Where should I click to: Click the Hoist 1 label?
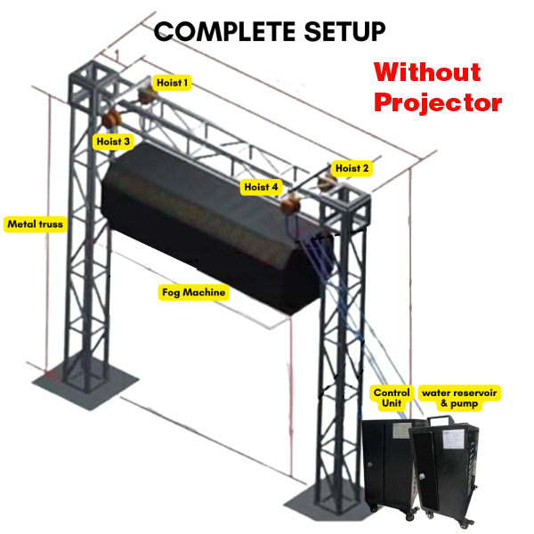[x=172, y=83]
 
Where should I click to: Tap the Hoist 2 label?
[x=352, y=168]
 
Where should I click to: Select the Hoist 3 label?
[x=113, y=142]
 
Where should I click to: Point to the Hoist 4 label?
[x=261, y=187]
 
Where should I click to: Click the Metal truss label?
[x=35, y=224]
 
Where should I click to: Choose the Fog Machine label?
[x=193, y=292]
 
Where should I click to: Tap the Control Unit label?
[x=392, y=398]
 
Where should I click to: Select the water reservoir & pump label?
[x=459, y=398]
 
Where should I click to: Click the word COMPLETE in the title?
[x=225, y=32]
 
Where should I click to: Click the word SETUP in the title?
[x=344, y=32]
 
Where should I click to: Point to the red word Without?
[x=427, y=72]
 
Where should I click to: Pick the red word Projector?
[x=438, y=103]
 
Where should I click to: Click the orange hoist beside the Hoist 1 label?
[x=147, y=94]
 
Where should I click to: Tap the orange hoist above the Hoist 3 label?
[x=111, y=119]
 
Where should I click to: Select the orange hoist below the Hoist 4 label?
[x=290, y=203]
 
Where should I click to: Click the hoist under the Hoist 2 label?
[x=327, y=182]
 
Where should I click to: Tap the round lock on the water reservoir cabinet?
[x=422, y=476]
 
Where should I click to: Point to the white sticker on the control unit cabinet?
[x=402, y=431]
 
